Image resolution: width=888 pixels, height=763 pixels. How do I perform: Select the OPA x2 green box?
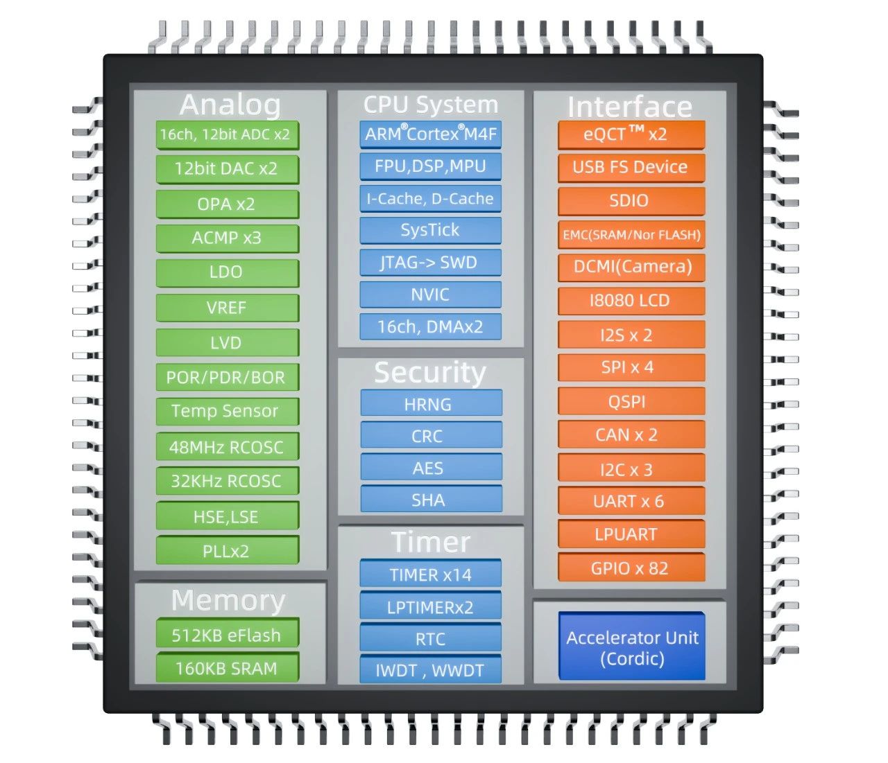coord(228,204)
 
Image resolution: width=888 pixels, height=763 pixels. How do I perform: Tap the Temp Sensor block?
coord(228,412)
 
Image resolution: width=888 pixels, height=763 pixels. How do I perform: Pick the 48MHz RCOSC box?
coord(228,447)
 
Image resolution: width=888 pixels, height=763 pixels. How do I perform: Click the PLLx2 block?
coord(228,550)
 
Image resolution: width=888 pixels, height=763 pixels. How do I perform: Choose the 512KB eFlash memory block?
coord(228,633)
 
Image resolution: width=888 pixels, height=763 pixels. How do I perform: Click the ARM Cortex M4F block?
coord(430,134)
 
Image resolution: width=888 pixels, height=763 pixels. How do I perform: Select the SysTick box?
coord(430,231)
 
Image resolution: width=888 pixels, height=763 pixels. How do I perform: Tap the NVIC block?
coord(430,295)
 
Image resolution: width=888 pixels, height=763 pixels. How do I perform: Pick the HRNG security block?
coord(432,403)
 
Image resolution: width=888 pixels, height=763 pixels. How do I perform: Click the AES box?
coord(432,467)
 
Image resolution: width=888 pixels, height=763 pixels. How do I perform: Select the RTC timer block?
coord(430,638)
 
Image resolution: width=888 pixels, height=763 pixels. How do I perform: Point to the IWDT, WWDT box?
coord(430,669)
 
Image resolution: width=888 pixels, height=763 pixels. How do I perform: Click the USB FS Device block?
coord(631,168)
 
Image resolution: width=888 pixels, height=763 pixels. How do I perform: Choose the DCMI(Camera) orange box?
coord(631,268)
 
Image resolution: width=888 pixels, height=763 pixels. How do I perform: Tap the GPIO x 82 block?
coord(631,568)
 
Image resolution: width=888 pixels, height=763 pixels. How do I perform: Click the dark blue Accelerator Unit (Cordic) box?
coord(632,647)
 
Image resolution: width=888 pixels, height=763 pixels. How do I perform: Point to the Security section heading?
coord(430,372)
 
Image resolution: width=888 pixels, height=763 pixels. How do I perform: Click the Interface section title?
coord(630,107)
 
